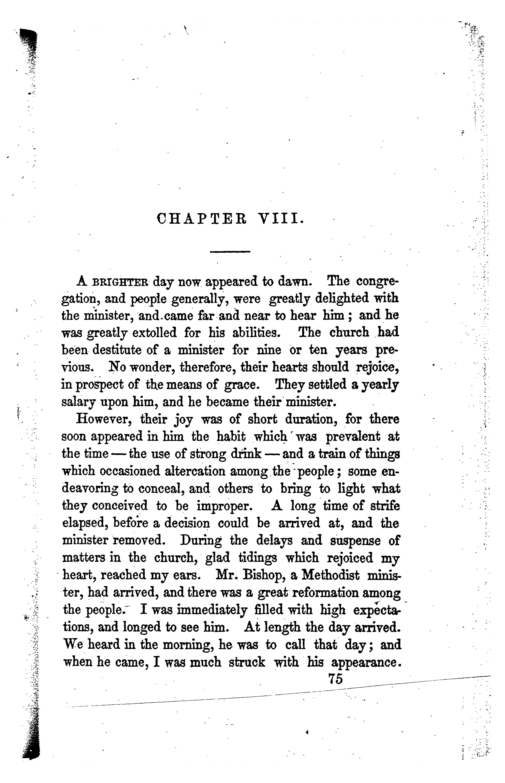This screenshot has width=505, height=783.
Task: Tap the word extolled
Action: coord(154,333)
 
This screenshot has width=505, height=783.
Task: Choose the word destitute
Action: coord(117,350)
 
